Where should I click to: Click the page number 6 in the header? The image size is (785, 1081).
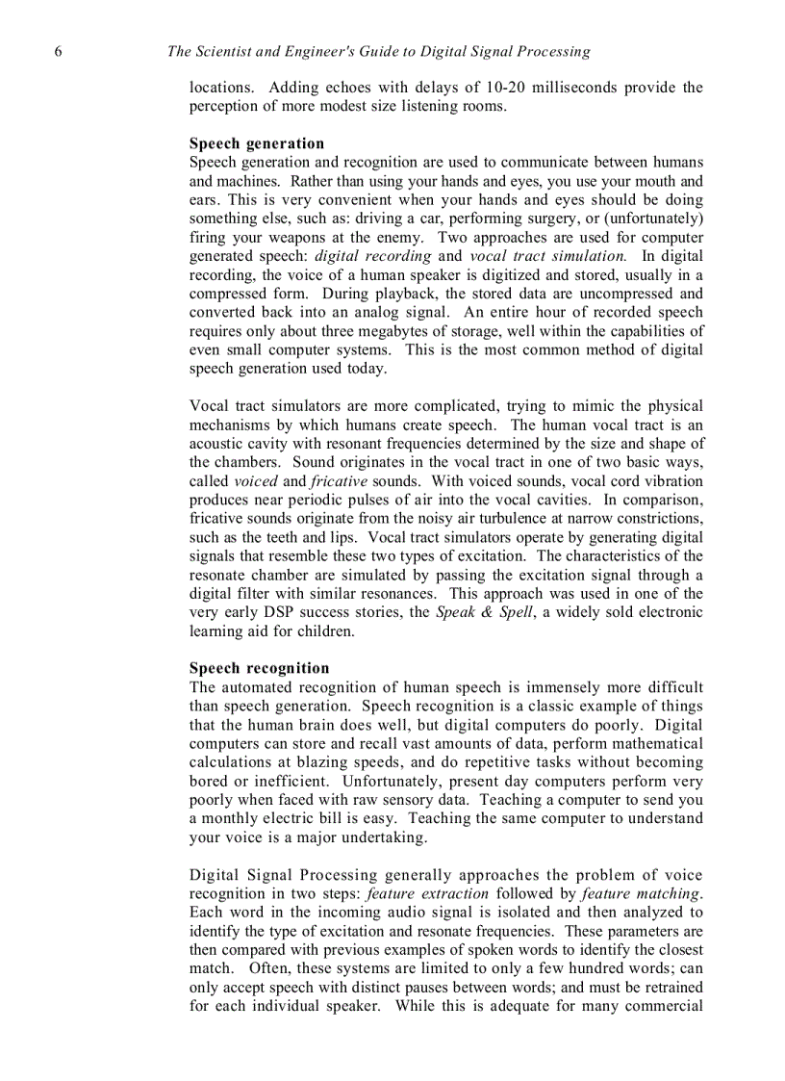click(x=60, y=52)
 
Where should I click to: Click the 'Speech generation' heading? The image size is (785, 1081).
click(x=257, y=144)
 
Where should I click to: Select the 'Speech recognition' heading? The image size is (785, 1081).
click(x=259, y=669)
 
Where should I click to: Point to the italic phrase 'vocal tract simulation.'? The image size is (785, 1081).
click(x=547, y=256)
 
